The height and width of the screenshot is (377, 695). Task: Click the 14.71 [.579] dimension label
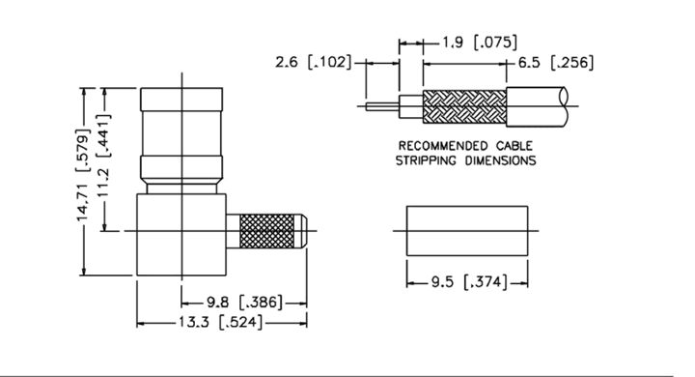click(83, 175)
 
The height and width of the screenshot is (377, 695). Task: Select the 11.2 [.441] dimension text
click(103, 156)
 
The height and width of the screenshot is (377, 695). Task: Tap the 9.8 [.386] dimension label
click(244, 303)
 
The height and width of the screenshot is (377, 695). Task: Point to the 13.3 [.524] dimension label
click(220, 322)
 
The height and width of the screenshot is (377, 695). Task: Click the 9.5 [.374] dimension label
click(469, 282)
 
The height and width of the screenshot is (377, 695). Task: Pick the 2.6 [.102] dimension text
click(314, 62)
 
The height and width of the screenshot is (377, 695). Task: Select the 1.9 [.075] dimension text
click(480, 43)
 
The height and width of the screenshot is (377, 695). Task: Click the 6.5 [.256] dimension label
click(555, 63)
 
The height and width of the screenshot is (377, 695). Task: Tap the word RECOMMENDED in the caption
click(442, 146)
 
